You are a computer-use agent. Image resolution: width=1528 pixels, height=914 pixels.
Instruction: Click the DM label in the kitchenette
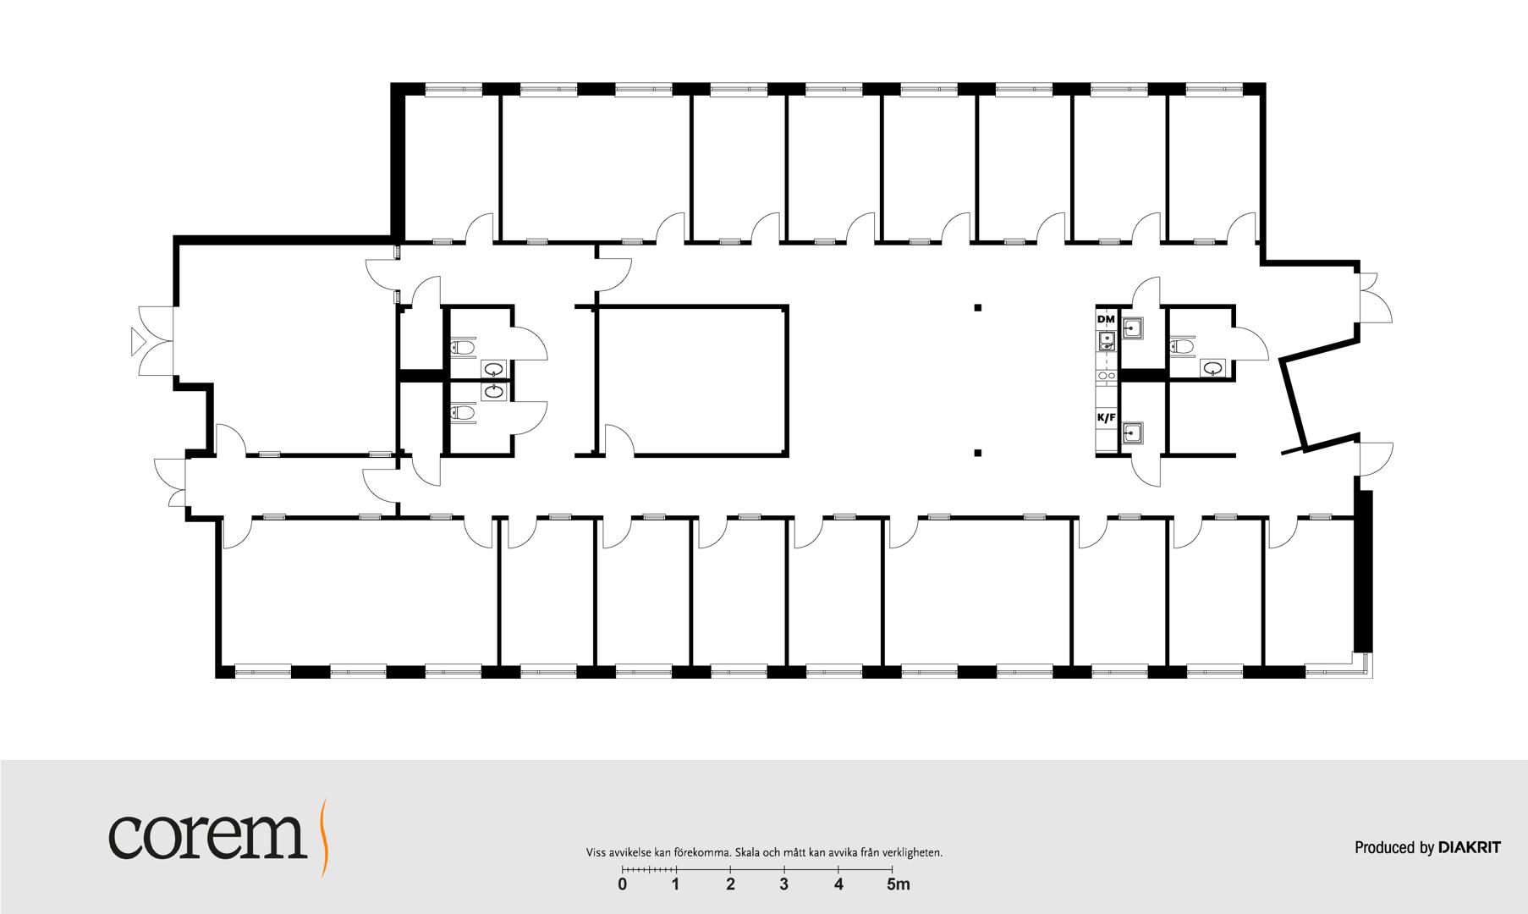pos(1106,319)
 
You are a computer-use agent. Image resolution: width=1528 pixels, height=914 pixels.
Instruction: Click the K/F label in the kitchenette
pos(1106,417)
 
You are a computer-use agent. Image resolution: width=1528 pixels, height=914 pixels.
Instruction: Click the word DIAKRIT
pos(1470,847)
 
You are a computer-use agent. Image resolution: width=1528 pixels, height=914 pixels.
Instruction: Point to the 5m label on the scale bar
pos(898,885)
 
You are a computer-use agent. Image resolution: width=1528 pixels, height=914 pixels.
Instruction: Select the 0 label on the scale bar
pos(623,885)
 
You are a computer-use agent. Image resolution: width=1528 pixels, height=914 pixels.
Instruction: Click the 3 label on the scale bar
pos(784,885)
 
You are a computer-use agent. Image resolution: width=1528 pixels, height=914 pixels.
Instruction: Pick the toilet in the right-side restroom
pos(1182,345)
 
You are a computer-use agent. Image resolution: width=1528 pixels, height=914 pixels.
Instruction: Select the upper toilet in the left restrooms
pos(462,347)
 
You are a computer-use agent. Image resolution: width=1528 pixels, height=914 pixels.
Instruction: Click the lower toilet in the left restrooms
pos(462,412)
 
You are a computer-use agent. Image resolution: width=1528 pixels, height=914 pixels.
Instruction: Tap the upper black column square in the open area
pos(977,307)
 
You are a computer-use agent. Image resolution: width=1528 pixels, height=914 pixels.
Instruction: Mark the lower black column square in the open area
pos(977,453)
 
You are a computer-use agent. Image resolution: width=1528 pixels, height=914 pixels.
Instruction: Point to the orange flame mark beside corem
pos(323,837)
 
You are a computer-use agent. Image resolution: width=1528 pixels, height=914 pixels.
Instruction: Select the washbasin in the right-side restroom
pos(1212,367)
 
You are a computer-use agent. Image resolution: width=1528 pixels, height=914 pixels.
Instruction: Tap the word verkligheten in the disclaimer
pos(915,853)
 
